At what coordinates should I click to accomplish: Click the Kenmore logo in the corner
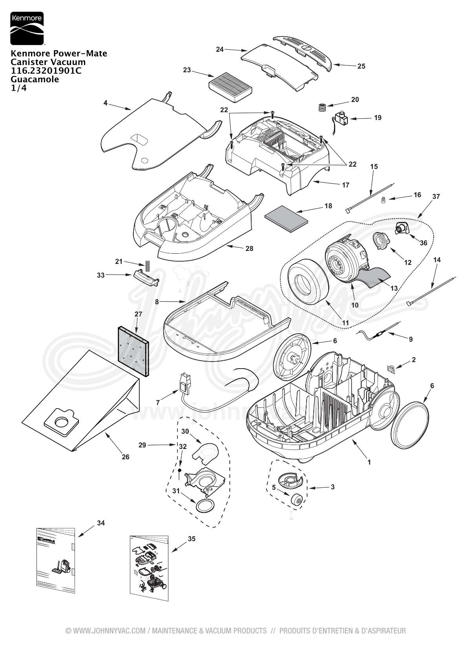pos(27,28)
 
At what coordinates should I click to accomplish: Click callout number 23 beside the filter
pos(187,70)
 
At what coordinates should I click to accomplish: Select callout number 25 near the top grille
pos(361,66)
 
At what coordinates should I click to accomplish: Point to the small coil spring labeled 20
pos(321,107)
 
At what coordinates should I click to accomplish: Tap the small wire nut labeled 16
pos(383,199)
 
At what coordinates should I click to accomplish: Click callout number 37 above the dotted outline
pos(436,196)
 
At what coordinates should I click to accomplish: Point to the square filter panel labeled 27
pos(133,351)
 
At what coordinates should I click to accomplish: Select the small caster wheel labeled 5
pos(297,499)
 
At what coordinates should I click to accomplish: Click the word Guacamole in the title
pos(35,80)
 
